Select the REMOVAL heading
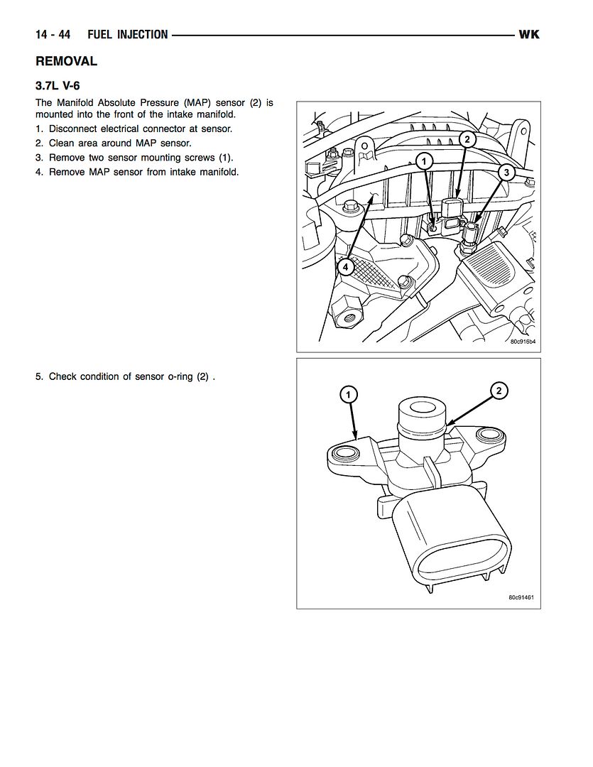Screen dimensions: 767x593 (x=66, y=62)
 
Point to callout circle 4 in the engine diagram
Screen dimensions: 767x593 (x=344, y=267)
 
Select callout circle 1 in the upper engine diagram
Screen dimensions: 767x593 (x=424, y=162)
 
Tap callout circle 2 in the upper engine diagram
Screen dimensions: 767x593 (x=467, y=139)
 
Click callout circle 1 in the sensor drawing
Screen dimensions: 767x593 (x=348, y=393)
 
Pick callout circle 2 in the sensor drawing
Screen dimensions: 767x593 (x=499, y=390)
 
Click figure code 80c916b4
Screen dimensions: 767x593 (x=522, y=342)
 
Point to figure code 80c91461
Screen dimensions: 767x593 (x=521, y=597)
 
